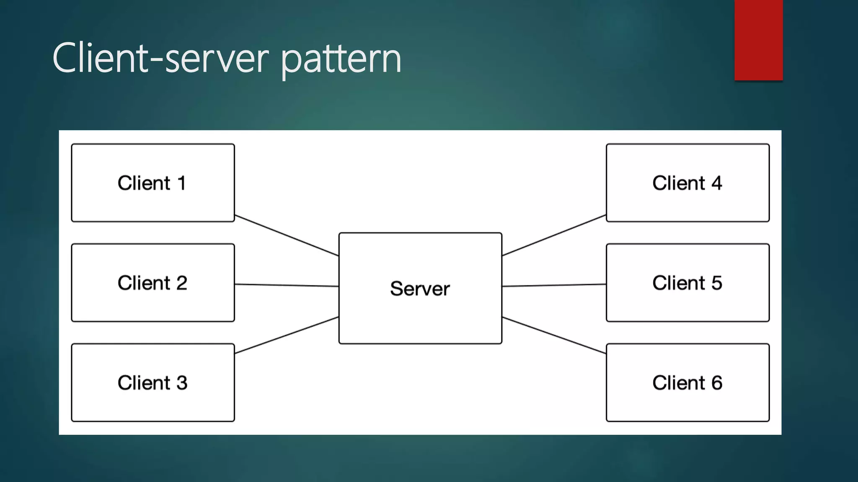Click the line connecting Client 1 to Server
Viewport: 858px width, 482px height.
point(287,236)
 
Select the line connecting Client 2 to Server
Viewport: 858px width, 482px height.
point(287,285)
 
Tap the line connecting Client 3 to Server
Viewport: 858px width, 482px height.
point(287,335)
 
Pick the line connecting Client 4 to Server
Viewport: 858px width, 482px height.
point(554,236)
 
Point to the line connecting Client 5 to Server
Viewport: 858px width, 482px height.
point(554,285)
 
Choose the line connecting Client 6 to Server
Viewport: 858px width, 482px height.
point(554,335)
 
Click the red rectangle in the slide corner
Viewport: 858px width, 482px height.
point(758,40)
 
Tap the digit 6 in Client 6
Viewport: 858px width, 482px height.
point(717,383)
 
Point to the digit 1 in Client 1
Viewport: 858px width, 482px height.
point(181,183)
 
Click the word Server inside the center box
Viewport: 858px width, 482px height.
point(420,289)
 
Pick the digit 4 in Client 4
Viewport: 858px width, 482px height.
point(716,183)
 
